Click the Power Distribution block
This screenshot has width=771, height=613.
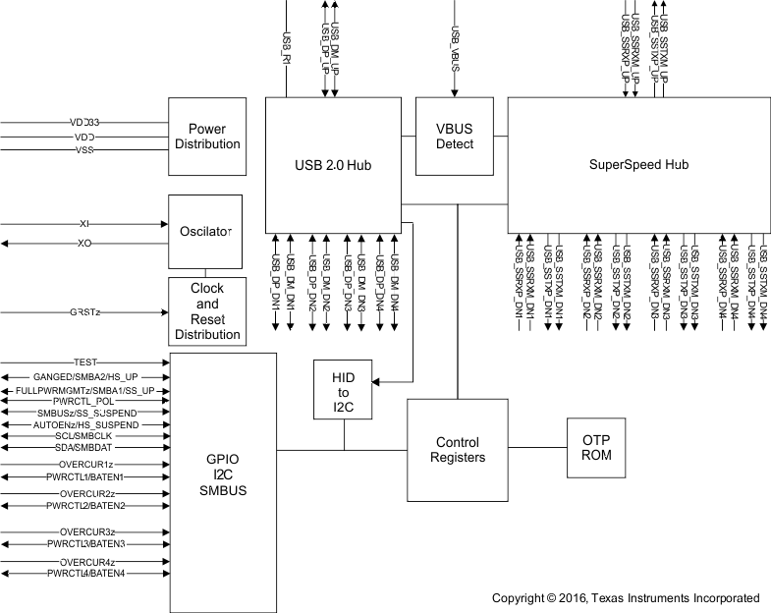coord(206,136)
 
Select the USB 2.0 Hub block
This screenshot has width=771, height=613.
coord(333,163)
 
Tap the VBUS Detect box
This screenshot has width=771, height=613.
coord(455,136)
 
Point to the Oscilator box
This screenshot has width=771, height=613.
coord(206,232)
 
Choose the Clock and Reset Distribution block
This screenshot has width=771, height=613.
coord(206,311)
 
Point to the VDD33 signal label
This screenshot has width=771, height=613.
coord(85,122)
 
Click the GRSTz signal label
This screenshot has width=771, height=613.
coord(85,312)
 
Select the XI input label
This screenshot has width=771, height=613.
coord(84,224)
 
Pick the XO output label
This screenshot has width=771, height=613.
coord(84,242)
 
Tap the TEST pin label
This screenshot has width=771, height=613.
coord(85,362)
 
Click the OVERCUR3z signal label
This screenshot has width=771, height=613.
coord(86,531)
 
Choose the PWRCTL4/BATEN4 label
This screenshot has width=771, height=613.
coord(86,574)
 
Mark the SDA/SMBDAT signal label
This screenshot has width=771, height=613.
coord(85,447)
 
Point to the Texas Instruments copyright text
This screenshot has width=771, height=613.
coord(626,597)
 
